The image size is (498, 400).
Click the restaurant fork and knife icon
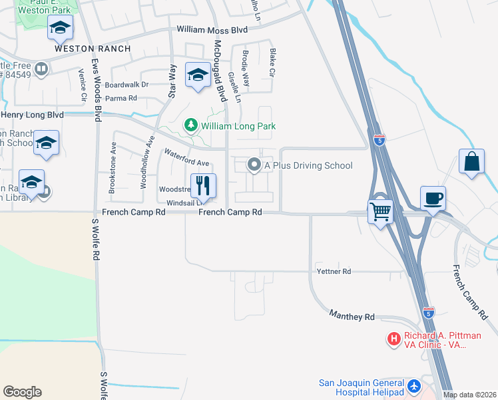click(x=204, y=186)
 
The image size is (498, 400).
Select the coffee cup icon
click(x=433, y=198)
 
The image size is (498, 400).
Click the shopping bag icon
click(x=471, y=162)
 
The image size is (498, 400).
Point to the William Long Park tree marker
click(x=192, y=126)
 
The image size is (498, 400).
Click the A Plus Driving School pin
click(x=254, y=164)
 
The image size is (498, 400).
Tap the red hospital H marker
click(x=394, y=339)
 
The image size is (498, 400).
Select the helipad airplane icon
click(x=415, y=386)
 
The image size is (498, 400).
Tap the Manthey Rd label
click(x=352, y=317)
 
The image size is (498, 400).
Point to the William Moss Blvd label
click(x=212, y=30)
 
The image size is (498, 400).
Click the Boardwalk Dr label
click(x=126, y=85)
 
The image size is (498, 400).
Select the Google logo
click(x=22, y=392)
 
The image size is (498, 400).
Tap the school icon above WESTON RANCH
click(x=60, y=29)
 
